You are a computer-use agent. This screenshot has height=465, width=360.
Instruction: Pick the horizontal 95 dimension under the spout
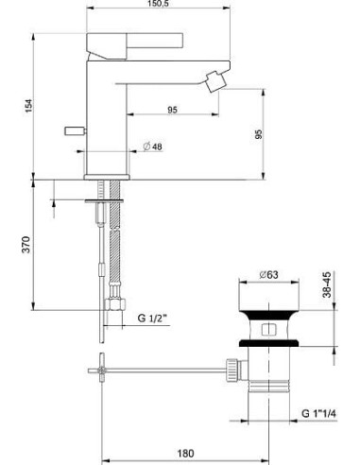pyautogui.click(x=173, y=110)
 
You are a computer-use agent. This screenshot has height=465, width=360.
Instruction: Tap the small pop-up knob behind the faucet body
pyautogui.click(x=72, y=128)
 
